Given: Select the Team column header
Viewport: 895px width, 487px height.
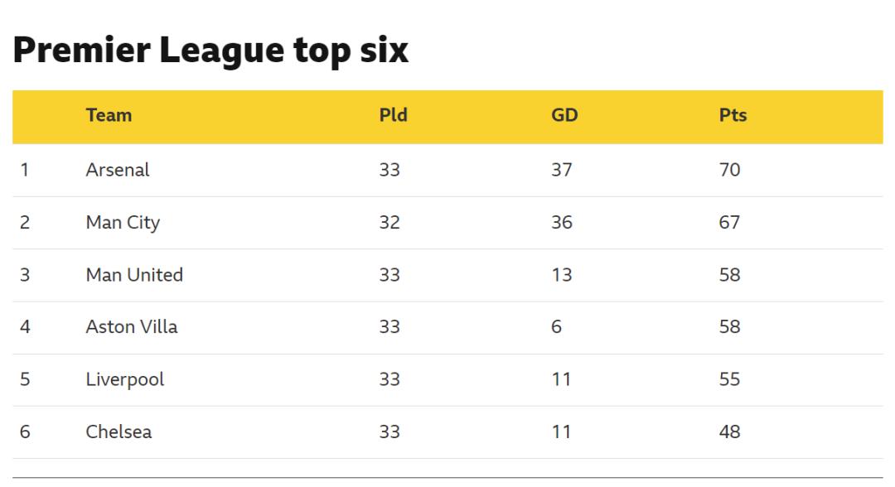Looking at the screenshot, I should (109, 115).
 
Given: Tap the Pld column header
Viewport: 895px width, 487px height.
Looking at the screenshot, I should (393, 115).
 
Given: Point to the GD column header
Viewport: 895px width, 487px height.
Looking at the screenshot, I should (564, 115).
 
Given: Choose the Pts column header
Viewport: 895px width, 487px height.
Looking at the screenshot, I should (733, 115).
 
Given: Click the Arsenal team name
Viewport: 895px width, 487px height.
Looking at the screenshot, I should (118, 170).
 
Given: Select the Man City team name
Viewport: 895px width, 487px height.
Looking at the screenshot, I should (123, 222).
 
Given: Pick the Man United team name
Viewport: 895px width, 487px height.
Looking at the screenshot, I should (134, 275).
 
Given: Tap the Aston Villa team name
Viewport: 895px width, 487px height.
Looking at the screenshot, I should (131, 327).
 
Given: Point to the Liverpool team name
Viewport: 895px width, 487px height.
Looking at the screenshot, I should (125, 379).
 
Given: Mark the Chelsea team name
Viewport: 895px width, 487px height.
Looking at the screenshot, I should (119, 432).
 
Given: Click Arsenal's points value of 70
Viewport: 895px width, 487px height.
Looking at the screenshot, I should (729, 170).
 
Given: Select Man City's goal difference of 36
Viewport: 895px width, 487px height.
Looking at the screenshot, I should (561, 222).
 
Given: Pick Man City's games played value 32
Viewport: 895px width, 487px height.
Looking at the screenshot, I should (389, 222).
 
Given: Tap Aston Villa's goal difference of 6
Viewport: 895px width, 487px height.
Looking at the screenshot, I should (556, 327).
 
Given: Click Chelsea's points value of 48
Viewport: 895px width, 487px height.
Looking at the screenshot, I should (729, 432).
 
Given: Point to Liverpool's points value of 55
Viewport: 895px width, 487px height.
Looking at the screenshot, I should (729, 379).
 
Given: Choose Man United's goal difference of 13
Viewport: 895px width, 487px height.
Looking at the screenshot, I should (561, 275).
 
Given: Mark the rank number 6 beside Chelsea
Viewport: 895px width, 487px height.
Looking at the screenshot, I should (25, 432).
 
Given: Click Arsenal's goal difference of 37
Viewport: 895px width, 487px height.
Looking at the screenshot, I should (561, 170).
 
